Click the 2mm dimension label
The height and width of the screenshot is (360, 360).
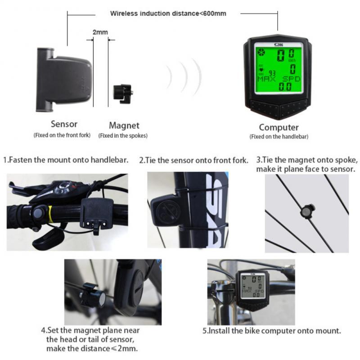[x=99, y=32]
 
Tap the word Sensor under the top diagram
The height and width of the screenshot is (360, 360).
[x=64, y=124]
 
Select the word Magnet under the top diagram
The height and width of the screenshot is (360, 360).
[x=124, y=126]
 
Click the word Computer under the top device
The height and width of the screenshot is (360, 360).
[x=279, y=127]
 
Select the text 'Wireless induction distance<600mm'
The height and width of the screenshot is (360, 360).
[x=168, y=13]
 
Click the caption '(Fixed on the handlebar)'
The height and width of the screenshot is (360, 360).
[x=279, y=136]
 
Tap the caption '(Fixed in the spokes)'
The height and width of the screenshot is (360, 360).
[x=123, y=135]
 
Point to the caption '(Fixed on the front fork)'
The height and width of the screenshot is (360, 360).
[x=62, y=135]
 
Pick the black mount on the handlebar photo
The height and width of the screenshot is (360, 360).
[x=96, y=213]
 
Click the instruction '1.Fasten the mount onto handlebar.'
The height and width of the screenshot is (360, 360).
[x=66, y=160]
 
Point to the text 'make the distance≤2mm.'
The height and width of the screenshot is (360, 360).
[x=92, y=348]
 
